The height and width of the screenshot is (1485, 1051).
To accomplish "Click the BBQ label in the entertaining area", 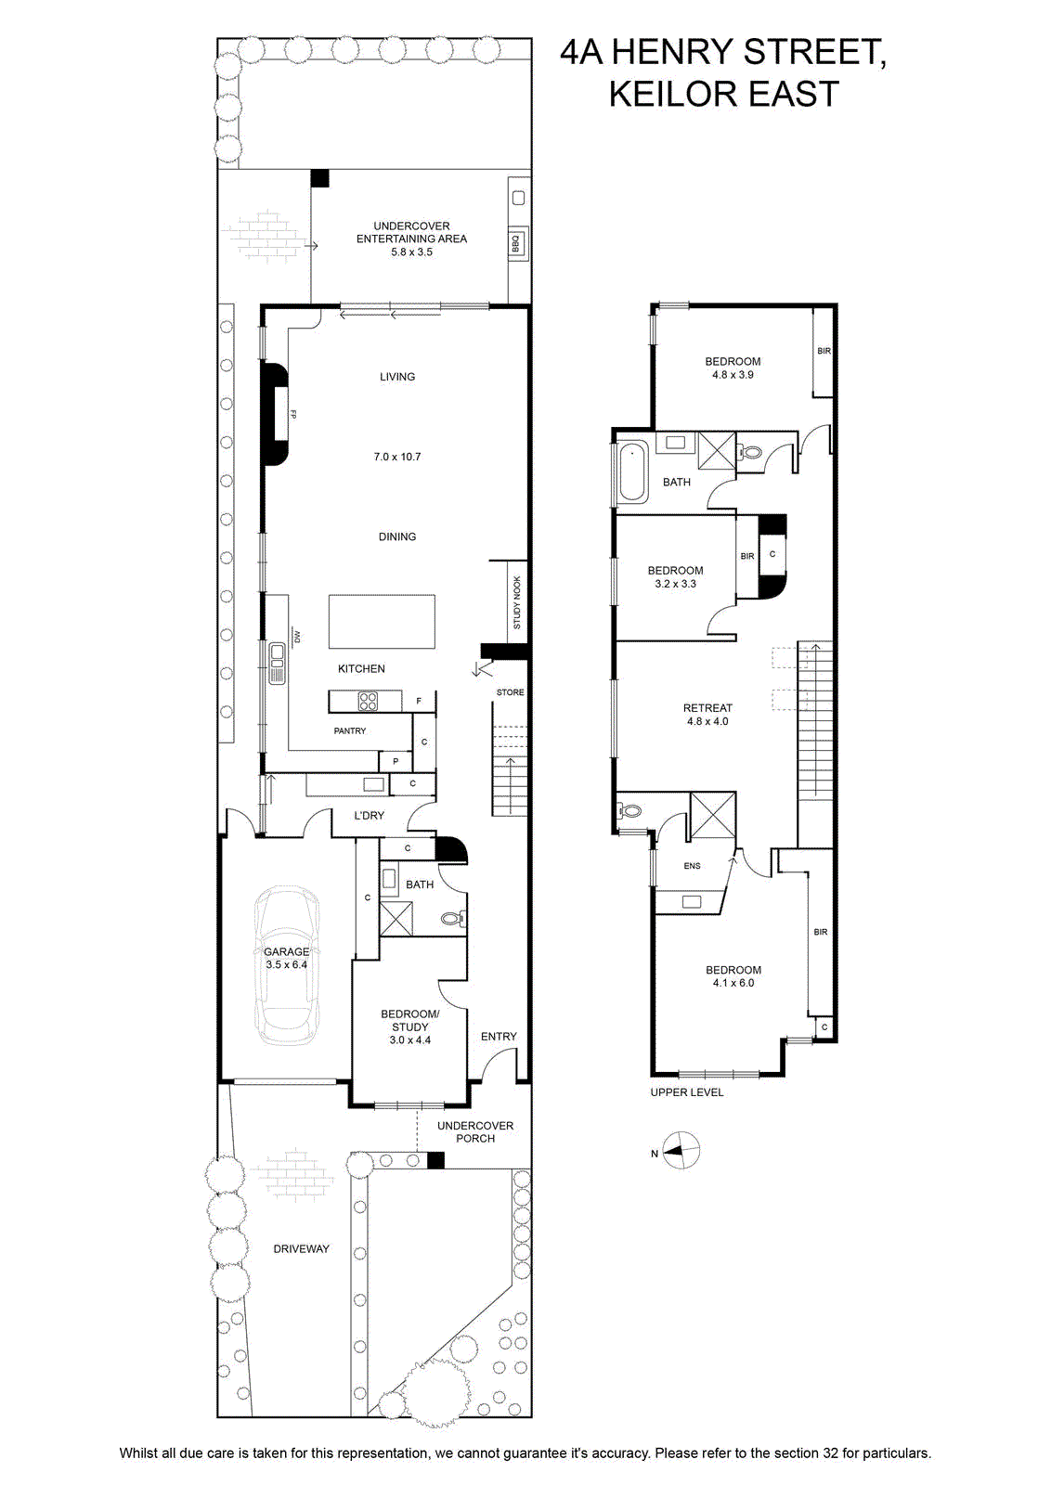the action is [x=516, y=244].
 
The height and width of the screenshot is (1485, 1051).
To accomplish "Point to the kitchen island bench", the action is [x=382, y=621].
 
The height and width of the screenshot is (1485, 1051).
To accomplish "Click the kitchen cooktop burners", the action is [x=368, y=701].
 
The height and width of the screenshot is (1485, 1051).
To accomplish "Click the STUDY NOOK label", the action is [x=516, y=602].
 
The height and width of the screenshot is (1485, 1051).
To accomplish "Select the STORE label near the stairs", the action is [x=510, y=692].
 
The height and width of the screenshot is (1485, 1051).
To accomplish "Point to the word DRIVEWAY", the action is [x=301, y=1249].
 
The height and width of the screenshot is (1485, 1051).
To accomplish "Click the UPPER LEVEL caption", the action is [x=686, y=1091].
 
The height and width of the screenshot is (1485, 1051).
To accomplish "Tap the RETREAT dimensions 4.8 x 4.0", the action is [x=707, y=721].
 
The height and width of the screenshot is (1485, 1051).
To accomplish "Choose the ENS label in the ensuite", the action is [x=692, y=866].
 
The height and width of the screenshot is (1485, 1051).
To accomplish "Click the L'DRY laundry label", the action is [x=369, y=816].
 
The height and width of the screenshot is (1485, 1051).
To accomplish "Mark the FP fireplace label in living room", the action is [x=292, y=414].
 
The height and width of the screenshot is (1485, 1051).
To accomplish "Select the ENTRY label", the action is [x=499, y=1036].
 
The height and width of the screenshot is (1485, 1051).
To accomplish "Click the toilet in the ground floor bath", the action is [x=454, y=919].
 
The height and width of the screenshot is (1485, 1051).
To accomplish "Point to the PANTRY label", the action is [x=349, y=730].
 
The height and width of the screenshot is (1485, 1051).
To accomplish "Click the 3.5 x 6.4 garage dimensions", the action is [x=287, y=964].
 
